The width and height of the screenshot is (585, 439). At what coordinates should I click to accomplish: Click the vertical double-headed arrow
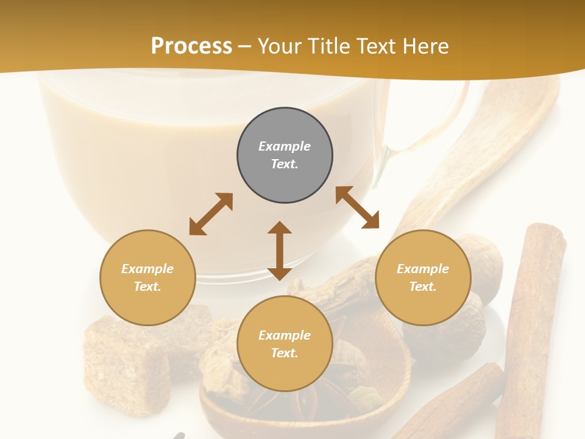280,251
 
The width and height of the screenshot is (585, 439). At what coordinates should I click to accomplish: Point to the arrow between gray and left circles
211,213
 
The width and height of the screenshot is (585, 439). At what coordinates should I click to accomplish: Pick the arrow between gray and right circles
357,207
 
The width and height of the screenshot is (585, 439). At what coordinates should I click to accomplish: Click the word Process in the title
191,46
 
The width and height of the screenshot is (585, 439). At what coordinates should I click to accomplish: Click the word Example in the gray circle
285,146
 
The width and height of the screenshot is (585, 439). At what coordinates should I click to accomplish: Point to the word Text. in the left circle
147,287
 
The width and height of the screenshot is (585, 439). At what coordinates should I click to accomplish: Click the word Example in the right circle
423,269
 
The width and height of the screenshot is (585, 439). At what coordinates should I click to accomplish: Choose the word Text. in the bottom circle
285,353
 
